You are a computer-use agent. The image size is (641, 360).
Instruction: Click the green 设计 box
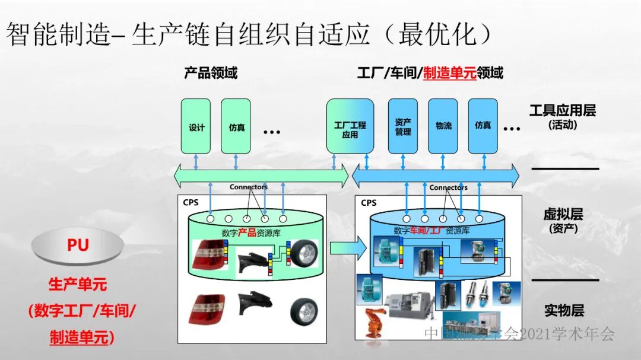[x=196, y=126]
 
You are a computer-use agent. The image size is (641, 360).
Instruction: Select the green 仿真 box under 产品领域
[x=236, y=126]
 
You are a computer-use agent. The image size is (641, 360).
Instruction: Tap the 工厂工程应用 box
[x=350, y=126]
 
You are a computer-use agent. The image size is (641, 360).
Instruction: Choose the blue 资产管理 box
[x=403, y=126]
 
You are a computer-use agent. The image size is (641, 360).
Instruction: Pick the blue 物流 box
[x=443, y=126]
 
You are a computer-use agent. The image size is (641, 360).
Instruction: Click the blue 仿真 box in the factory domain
[x=483, y=126]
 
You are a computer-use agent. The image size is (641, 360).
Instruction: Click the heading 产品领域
[x=211, y=73]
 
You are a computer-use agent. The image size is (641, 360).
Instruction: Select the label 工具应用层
[x=562, y=110]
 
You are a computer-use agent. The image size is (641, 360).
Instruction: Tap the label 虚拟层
[x=563, y=214]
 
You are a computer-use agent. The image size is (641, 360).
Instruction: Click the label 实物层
[x=564, y=310]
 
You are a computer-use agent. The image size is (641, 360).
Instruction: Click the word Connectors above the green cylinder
[x=249, y=187]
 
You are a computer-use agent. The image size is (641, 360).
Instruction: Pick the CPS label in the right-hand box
[x=369, y=203]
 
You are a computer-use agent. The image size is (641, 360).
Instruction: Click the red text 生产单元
[x=77, y=284]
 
